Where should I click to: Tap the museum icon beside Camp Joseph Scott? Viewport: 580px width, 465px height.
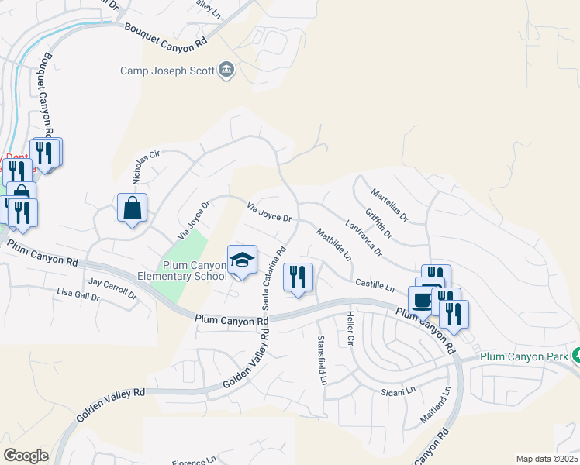click(x=227, y=71)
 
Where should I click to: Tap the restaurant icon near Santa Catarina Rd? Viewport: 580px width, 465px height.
click(x=299, y=277)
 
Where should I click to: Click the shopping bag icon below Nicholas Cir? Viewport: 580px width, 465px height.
click(x=132, y=208)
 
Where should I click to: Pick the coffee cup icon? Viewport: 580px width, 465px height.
click(x=422, y=301)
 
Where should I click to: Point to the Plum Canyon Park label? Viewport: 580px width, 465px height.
click(x=525, y=356)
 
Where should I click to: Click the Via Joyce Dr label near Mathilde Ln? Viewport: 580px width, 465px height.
click(x=268, y=212)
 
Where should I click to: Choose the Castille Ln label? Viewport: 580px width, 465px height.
click(x=375, y=286)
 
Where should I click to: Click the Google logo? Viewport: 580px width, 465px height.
click(x=26, y=456)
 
